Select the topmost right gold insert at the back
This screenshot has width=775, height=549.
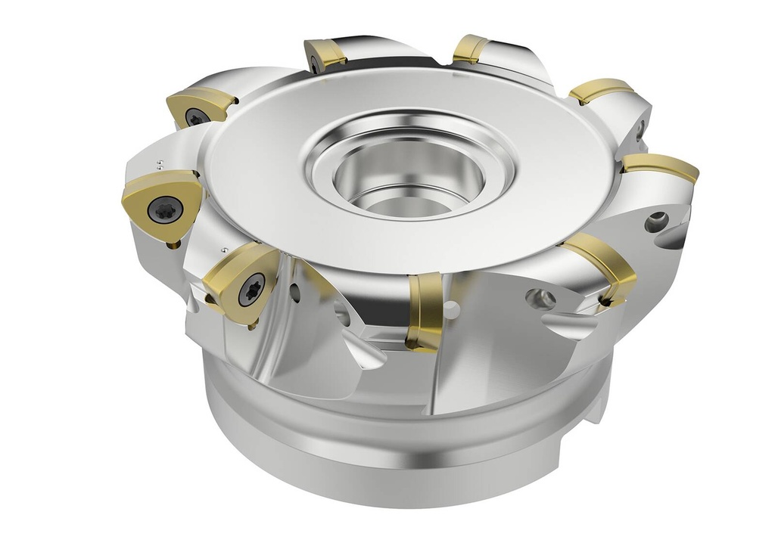point(471,48)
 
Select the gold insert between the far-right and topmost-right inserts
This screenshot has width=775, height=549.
point(599,91)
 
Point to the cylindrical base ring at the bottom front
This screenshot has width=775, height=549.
point(378,461)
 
